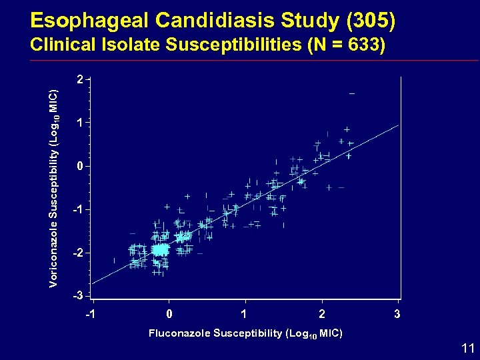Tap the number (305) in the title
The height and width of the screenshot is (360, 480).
[x=371, y=21]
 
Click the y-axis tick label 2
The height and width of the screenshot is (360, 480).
[x=80, y=79]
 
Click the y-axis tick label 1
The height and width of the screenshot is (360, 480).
[x=80, y=123]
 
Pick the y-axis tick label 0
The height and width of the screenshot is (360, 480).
[x=80, y=166]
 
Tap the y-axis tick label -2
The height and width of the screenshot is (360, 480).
[x=78, y=254]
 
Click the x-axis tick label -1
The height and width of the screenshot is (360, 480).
[x=91, y=313]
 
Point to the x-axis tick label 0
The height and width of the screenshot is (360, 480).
[x=169, y=313]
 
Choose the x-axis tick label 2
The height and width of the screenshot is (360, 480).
[x=322, y=313]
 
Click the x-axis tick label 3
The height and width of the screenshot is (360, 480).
[x=398, y=313]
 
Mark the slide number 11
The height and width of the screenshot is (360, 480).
[x=467, y=347]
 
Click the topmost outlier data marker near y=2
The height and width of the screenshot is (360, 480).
[x=352, y=93]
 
